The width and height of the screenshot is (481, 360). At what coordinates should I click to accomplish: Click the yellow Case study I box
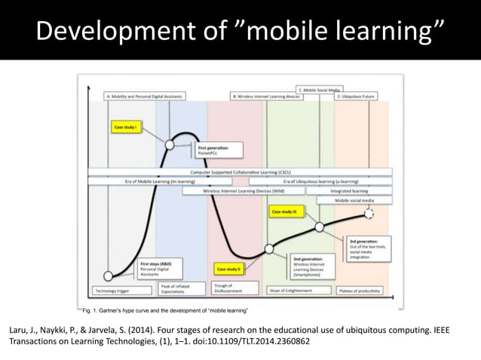pyautogui.click(x=124, y=128)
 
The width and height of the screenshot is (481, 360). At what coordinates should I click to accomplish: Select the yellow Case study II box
pyautogui.click(x=228, y=269)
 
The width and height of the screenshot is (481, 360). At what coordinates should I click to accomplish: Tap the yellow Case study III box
pyautogui.click(x=286, y=213)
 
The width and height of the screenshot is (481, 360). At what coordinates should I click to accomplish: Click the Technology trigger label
pyautogui.click(x=109, y=291)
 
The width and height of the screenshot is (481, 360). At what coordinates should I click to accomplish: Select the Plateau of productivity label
pyautogui.click(x=360, y=291)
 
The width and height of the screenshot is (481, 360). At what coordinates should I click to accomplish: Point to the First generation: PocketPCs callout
pyautogui.click(x=218, y=150)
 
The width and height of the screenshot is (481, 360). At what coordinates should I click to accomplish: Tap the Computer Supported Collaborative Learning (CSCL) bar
pyautogui.click(x=240, y=172)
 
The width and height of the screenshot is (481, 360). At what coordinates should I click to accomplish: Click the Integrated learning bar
pyautogui.click(x=350, y=191)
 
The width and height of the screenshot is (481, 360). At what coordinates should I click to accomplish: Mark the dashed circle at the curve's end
pyautogui.click(x=369, y=215)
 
